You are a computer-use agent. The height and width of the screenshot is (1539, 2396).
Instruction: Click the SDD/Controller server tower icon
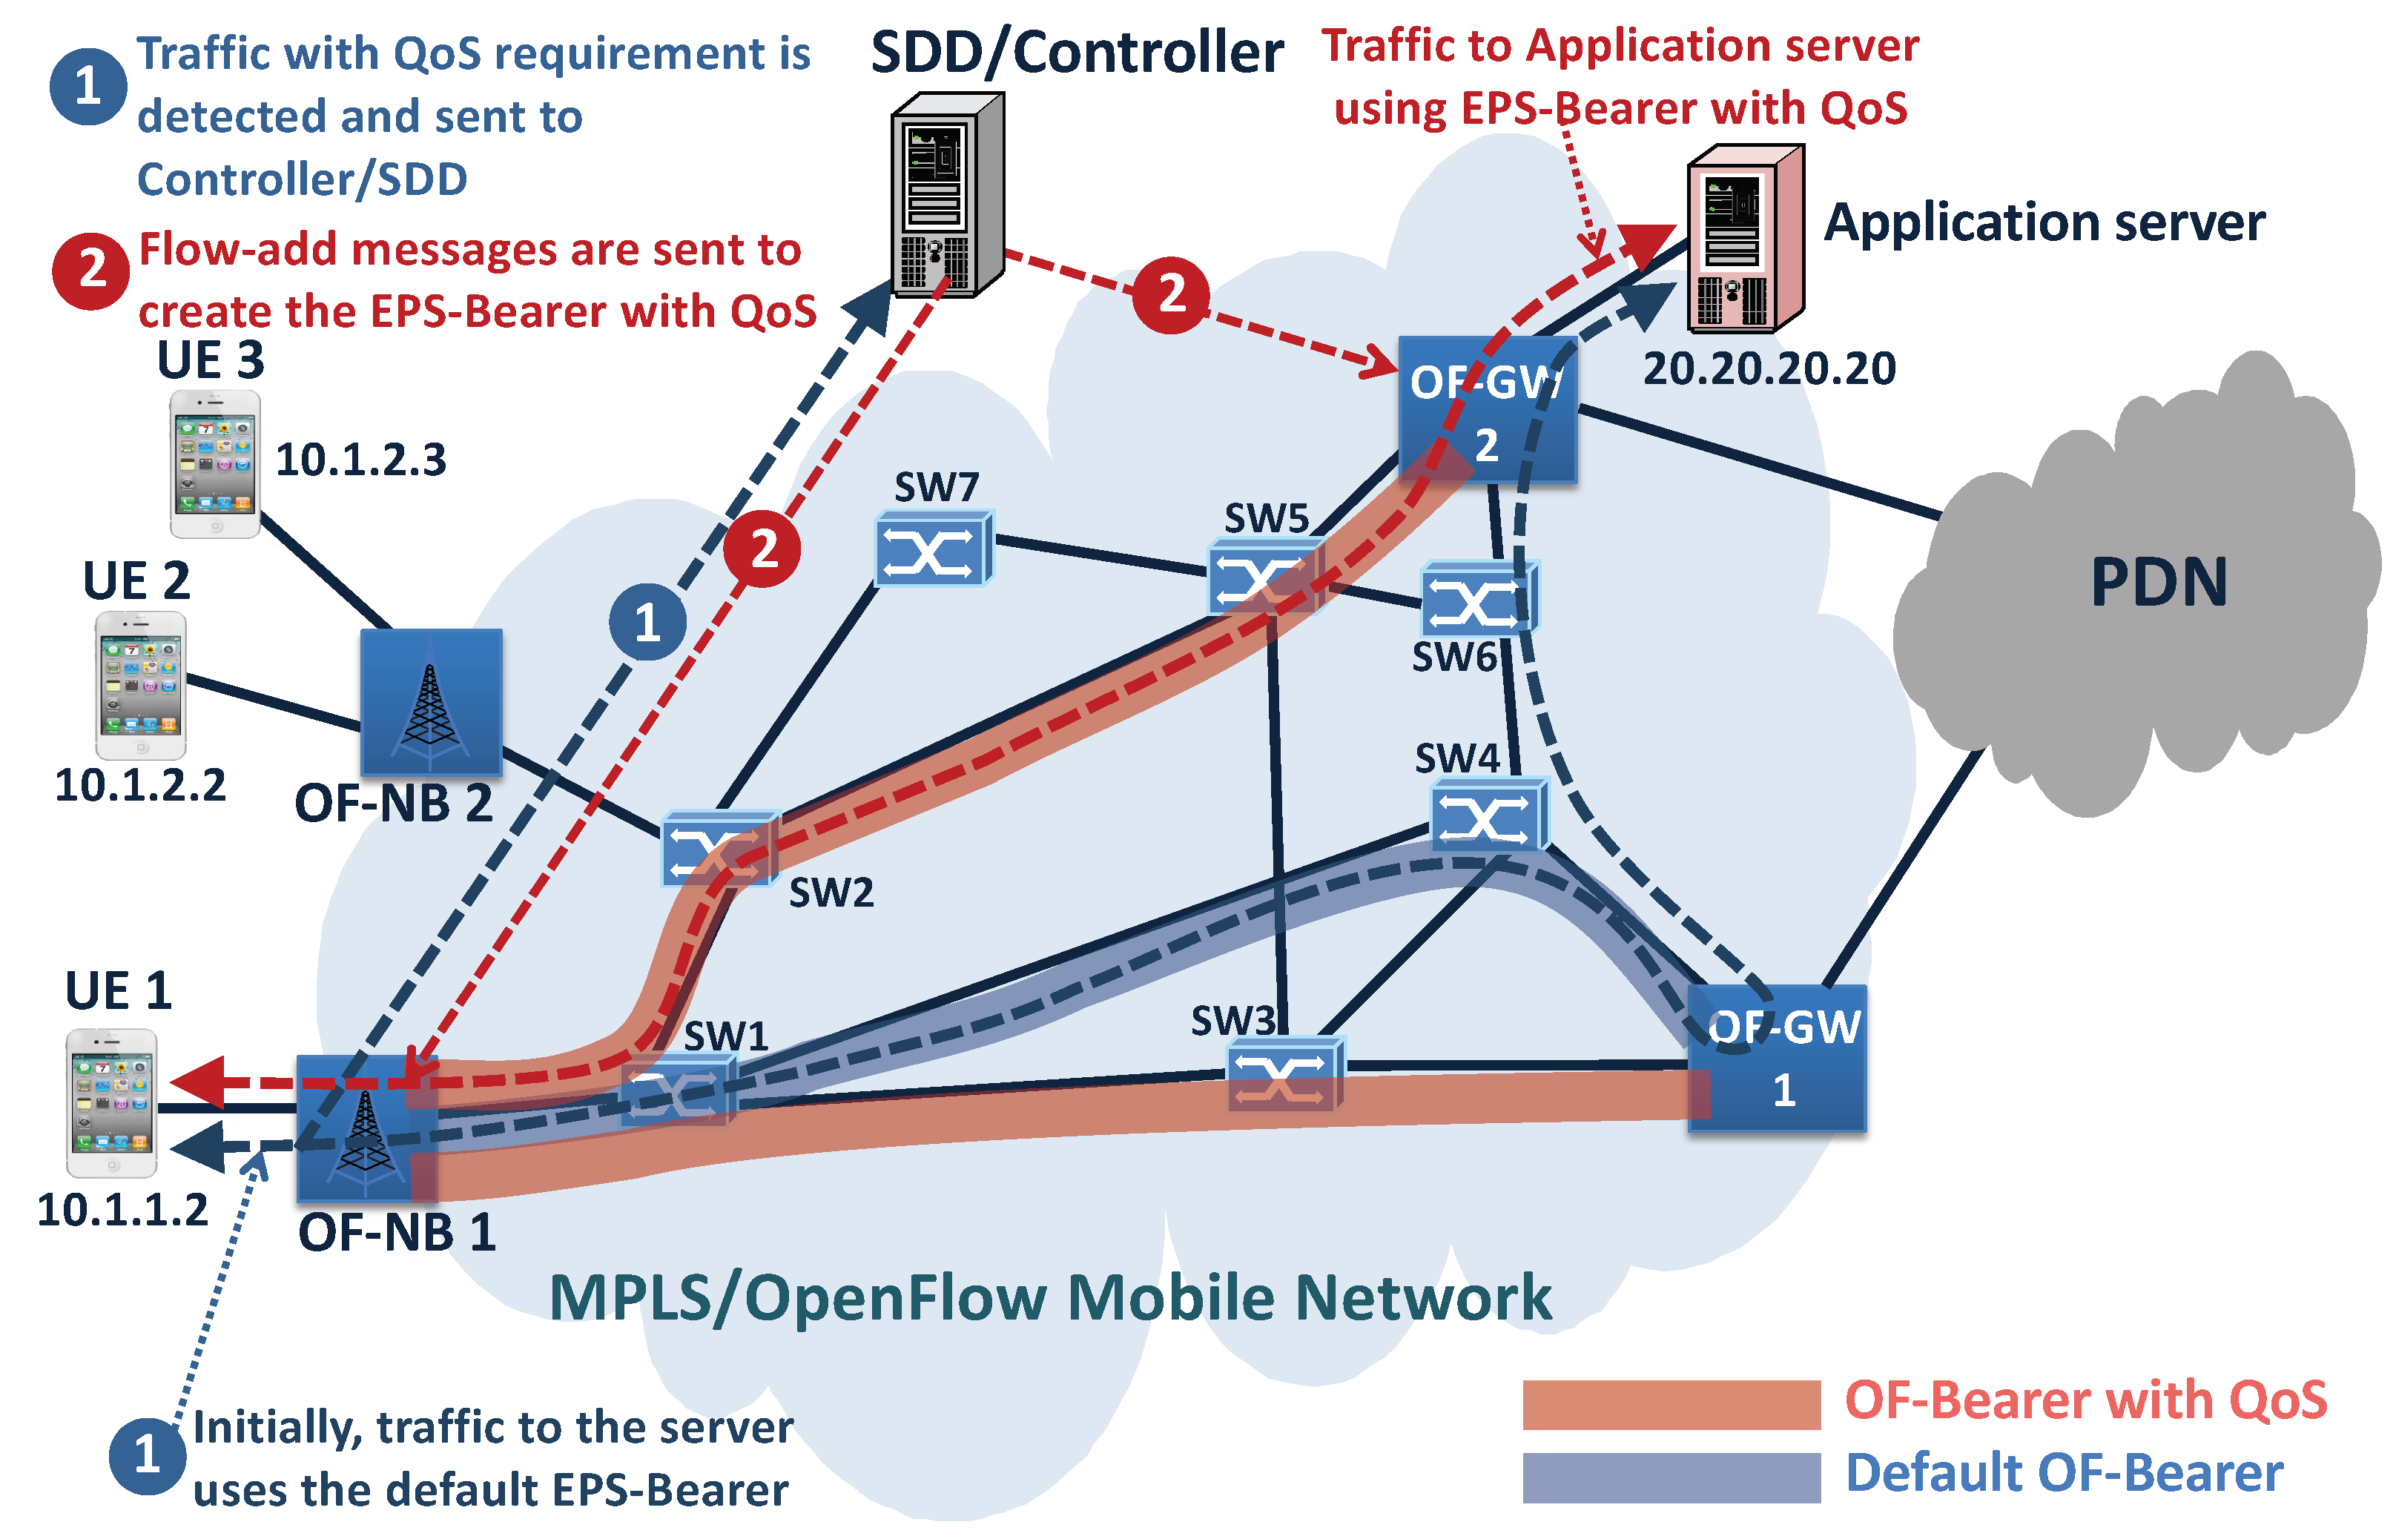point(945,195)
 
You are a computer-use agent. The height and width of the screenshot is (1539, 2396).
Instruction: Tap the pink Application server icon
point(1743,240)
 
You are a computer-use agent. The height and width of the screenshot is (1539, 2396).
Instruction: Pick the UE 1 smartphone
point(111,1103)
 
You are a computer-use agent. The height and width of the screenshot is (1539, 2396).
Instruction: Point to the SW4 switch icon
point(1488,816)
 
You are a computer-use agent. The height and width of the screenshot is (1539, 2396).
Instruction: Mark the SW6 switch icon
point(1477,600)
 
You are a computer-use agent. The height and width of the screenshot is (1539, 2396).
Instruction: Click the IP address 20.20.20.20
point(1768,368)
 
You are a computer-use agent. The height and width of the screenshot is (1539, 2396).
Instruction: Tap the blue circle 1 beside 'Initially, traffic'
point(147,1456)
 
